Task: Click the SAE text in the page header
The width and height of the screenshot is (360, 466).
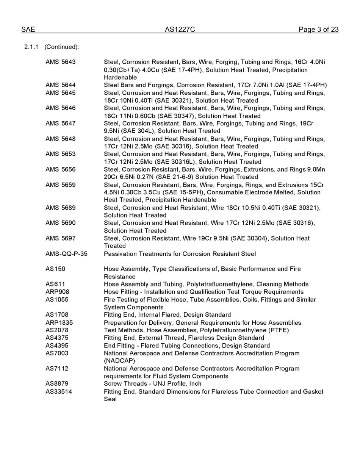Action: click(28, 30)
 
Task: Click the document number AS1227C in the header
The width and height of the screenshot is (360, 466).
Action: click(180, 30)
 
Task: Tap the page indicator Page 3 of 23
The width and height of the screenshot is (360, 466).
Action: click(318, 30)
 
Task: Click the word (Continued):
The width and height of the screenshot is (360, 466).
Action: click(62, 47)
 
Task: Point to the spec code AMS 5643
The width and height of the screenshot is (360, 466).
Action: click(60, 62)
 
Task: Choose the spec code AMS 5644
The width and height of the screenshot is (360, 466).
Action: click(60, 85)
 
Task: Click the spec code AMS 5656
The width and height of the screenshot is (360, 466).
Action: click(60, 169)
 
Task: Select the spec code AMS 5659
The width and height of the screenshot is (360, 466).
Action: click(60, 185)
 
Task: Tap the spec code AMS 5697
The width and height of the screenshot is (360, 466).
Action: click(60, 238)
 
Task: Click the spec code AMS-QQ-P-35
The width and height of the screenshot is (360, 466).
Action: click(66, 254)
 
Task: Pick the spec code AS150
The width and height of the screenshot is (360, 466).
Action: click(55, 269)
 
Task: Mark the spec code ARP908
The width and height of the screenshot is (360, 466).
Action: click(57, 292)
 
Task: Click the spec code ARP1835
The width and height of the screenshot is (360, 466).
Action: click(59, 323)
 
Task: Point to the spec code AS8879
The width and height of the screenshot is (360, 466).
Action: click(57, 383)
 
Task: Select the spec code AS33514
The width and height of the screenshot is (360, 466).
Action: click(59, 391)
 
